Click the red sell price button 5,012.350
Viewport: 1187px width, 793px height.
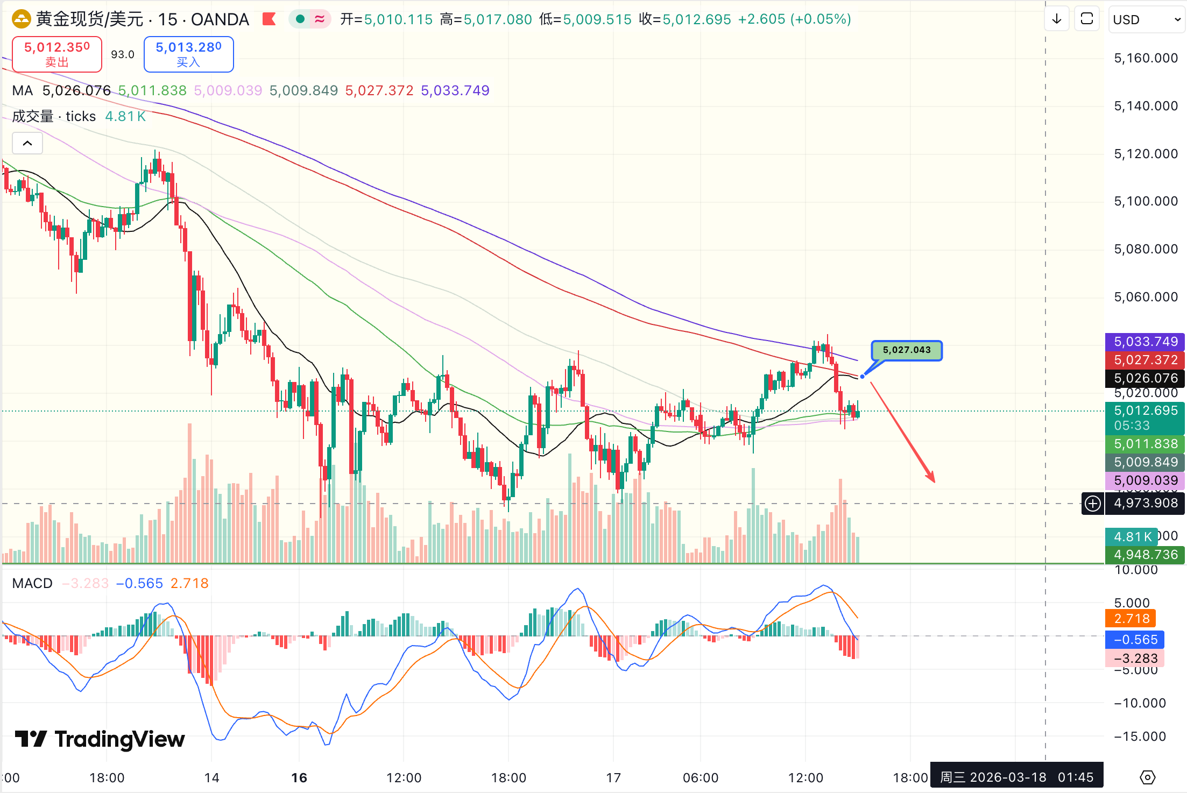[57, 54]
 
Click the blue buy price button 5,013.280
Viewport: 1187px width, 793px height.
[188, 54]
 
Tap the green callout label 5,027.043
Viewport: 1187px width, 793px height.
[906, 350]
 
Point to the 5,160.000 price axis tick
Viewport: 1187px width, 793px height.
[1146, 58]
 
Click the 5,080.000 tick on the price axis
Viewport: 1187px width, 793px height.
[1146, 249]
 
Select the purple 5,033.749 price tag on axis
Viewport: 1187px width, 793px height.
[1145, 342]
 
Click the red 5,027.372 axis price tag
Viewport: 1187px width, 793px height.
[1145, 360]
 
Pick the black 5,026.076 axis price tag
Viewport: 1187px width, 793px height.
[1145, 378]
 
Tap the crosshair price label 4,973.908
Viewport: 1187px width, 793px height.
[1145, 504]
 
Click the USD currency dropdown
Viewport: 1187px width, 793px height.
[1146, 20]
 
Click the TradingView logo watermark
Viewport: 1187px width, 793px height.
[100, 739]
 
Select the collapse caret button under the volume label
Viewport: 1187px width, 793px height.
[27, 144]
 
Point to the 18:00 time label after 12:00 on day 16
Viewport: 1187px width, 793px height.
[508, 777]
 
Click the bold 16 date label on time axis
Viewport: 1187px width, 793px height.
[299, 777]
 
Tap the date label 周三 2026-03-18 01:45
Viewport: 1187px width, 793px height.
[1016, 777]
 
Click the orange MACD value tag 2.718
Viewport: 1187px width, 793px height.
[1131, 619]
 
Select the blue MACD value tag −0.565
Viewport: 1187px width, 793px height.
[1135, 640]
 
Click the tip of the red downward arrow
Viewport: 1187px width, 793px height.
[934, 482]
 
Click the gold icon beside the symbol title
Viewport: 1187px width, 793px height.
[22, 19]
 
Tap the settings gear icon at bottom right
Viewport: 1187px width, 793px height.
[1147, 777]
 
